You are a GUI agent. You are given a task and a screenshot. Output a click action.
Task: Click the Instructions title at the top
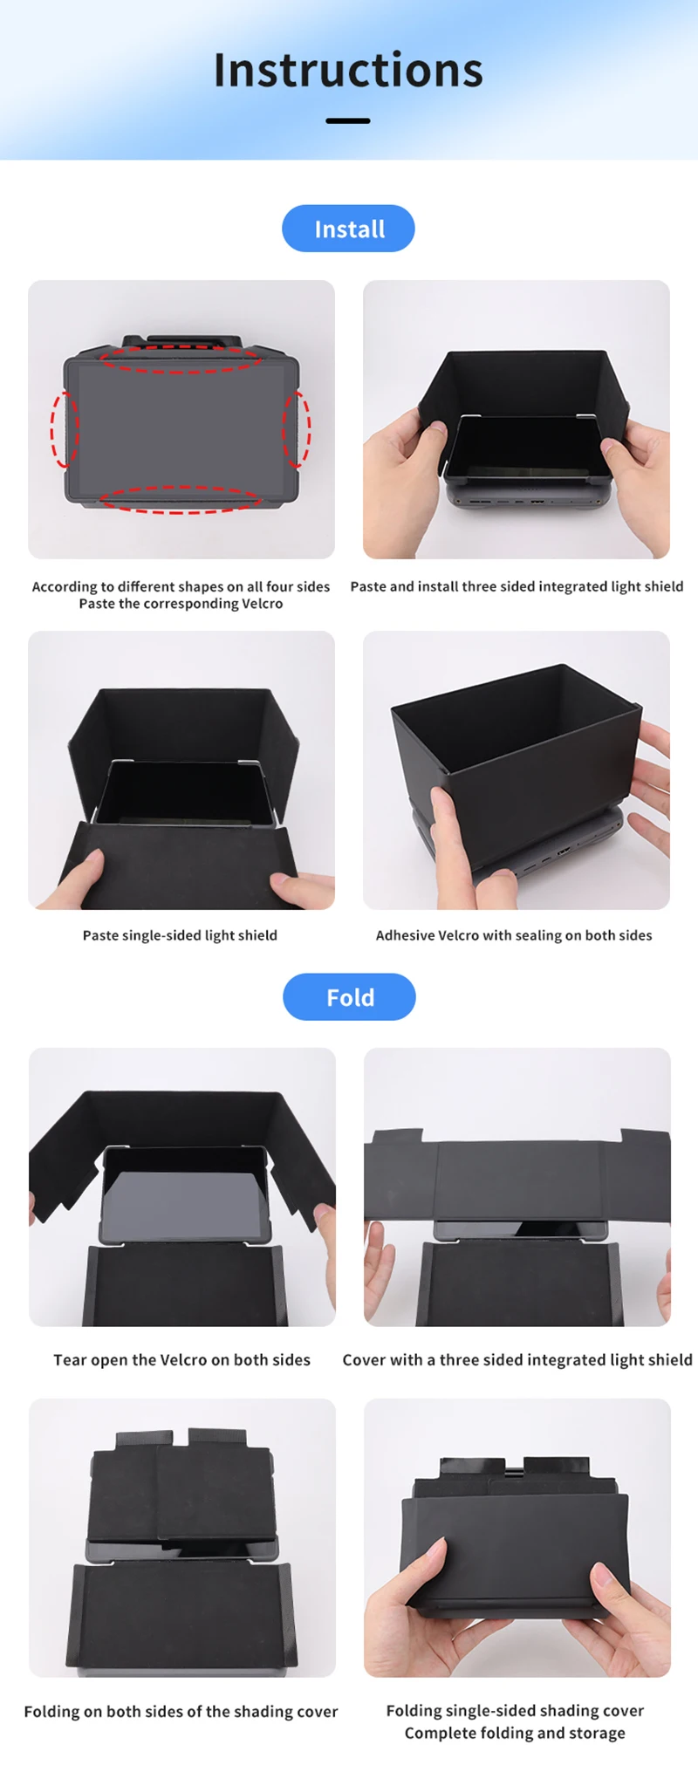(348, 71)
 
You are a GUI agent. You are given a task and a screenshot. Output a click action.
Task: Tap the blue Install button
(348, 229)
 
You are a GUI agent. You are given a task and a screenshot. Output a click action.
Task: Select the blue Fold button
(349, 997)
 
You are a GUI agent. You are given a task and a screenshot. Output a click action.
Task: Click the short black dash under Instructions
(348, 120)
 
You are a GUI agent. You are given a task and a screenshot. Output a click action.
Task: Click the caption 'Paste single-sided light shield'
(180, 935)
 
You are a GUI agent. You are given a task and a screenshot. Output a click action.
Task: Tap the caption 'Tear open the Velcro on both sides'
(181, 1359)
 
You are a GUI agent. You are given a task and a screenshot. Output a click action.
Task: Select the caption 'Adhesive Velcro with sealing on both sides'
(514, 935)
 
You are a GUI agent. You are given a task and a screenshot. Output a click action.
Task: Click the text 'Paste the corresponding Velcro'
(181, 604)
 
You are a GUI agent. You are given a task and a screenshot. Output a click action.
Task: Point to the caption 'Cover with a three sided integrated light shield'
(517, 1359)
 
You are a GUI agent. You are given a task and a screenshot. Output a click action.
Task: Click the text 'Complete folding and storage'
(515, 1733)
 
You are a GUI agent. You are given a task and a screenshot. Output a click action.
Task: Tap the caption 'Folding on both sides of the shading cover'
(181, 1712)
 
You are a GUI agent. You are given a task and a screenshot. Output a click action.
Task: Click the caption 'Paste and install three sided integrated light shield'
(517, 586)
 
